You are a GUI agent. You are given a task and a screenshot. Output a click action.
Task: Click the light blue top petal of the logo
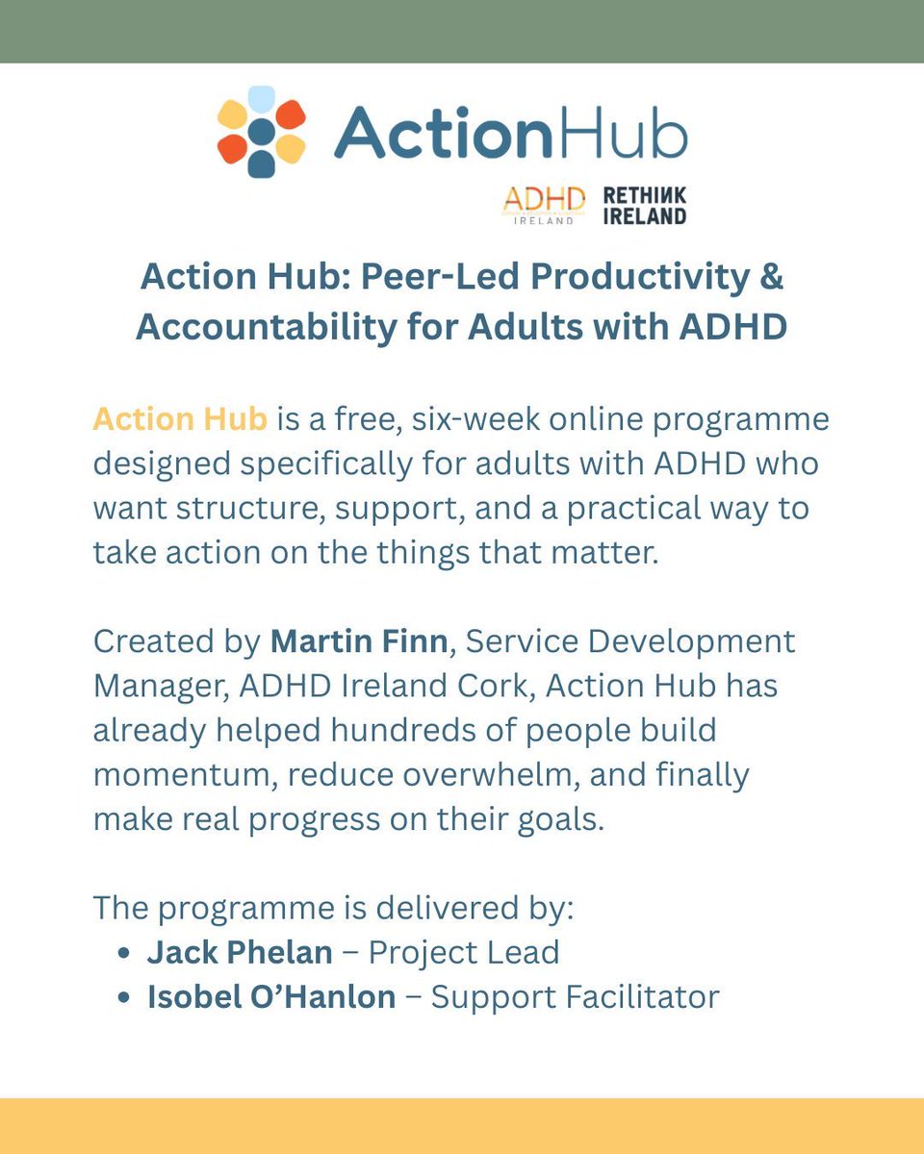[261, 99]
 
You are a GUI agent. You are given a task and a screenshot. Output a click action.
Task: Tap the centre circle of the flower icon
[261, 132]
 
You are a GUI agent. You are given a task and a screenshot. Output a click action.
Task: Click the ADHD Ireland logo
[544, 204]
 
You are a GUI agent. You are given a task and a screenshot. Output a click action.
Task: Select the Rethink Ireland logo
[644, 205]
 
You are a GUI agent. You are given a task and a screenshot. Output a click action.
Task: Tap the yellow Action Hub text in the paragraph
[181, 420]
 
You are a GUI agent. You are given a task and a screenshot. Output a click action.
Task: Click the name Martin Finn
[359, 641]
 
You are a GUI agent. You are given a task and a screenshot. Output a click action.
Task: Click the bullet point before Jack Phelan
[122, 953]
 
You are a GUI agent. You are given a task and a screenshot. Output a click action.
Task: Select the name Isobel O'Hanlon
[271, 996]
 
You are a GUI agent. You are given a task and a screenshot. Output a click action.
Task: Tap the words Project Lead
[464, 952]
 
